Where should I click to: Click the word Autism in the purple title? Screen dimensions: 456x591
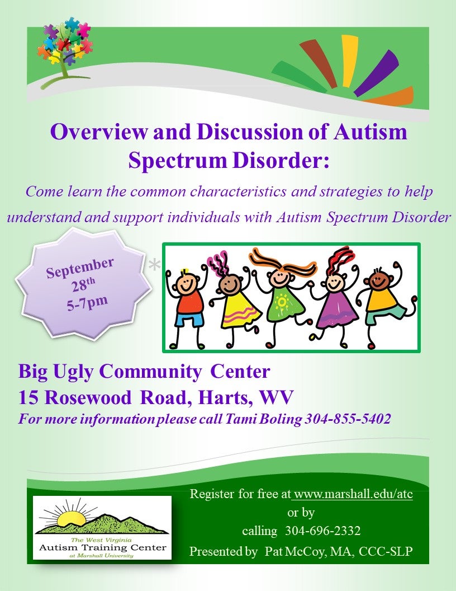point(370,132)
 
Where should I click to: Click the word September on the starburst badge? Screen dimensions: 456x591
point(80,267)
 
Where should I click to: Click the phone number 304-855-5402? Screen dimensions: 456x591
point(348,419)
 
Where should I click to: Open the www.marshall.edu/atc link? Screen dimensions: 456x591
point(353,494)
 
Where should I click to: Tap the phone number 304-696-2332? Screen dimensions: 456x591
point(323,531)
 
